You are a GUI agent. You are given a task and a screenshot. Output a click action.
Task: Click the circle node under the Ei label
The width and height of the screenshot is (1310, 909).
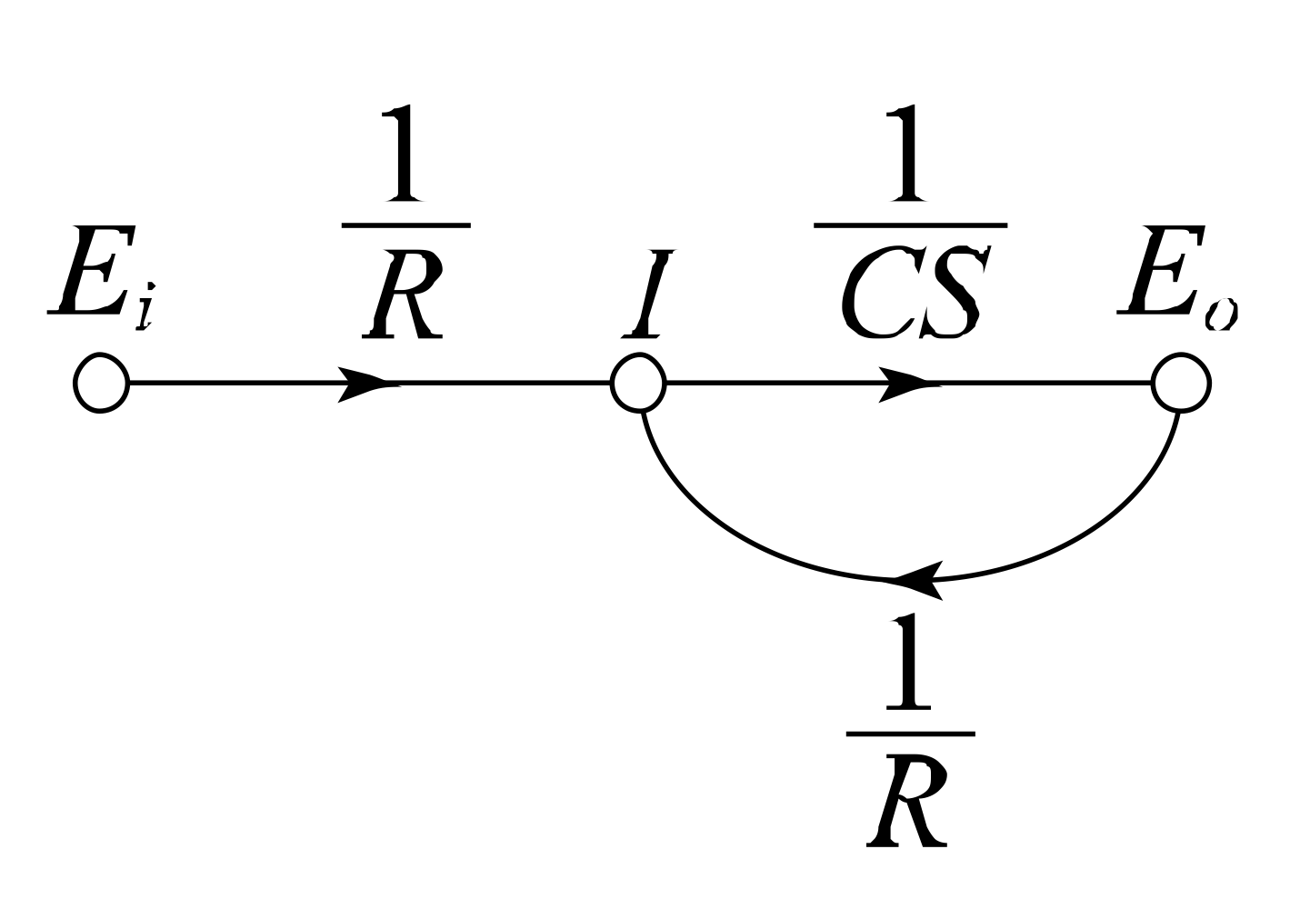[101, 384]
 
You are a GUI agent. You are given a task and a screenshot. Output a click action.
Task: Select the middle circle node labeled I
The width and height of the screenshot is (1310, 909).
[639, 384]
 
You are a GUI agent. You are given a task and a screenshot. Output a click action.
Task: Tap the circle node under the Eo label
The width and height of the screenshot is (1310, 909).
[1180, 384]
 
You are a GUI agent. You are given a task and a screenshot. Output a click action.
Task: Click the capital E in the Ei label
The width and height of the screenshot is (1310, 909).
[85, 273]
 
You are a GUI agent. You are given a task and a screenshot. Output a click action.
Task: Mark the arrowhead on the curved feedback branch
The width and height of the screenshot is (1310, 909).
[918, 580]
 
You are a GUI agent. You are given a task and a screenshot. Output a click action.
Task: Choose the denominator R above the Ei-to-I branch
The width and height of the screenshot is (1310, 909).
[404, 295]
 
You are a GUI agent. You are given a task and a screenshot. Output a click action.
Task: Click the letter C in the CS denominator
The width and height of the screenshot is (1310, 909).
[873, 295]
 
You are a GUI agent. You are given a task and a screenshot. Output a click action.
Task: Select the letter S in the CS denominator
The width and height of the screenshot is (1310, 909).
[948, 295]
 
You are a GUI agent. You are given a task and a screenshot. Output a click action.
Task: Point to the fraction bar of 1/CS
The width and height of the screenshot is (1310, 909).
[910, 224]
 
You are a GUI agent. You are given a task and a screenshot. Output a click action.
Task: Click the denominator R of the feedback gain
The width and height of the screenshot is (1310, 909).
[907, 804]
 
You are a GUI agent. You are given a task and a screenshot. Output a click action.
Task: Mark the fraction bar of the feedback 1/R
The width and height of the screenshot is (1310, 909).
[910, 733]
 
